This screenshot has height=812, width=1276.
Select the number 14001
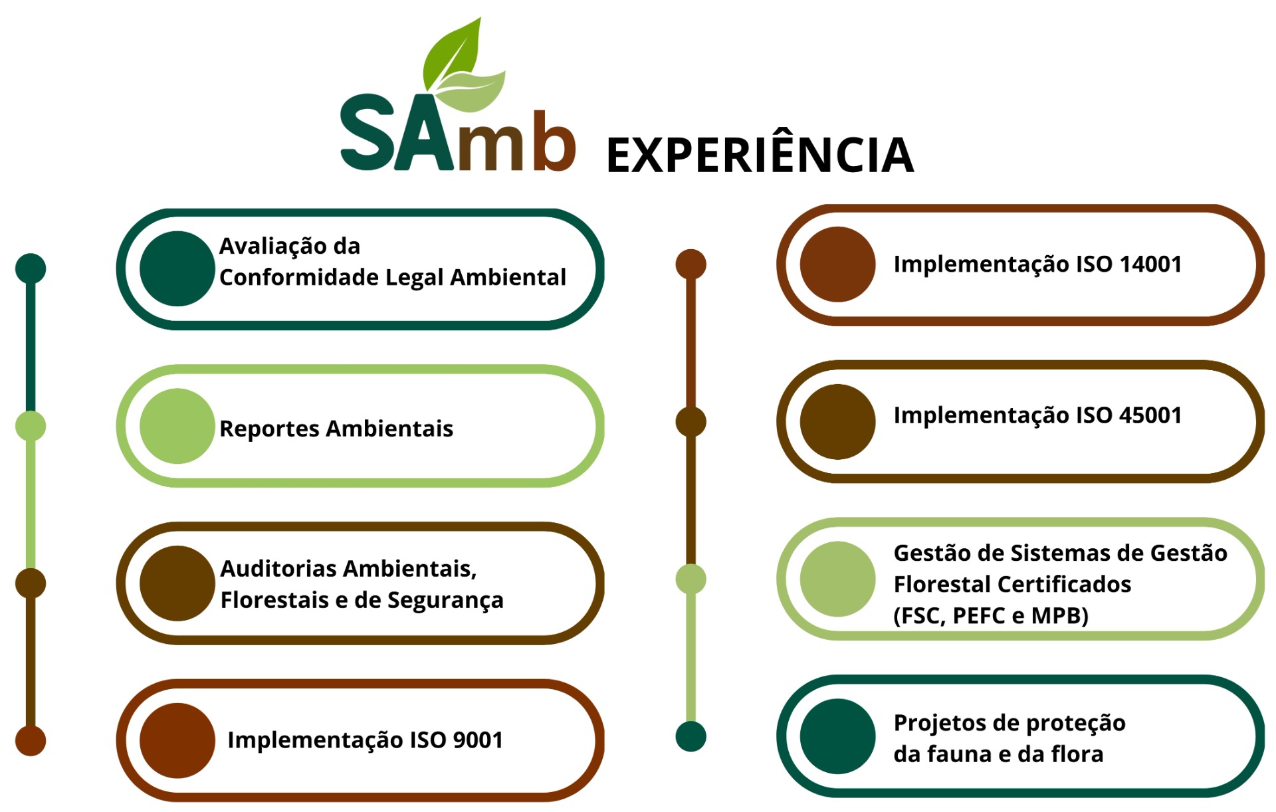pos(1150,264)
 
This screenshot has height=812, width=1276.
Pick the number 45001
pos(1150,415)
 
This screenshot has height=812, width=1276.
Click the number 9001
pos(477,740)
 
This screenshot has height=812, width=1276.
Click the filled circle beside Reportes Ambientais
pos(177,426)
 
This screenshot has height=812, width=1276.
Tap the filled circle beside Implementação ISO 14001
pos(837,264)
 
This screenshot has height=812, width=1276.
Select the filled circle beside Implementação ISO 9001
pos(177,740)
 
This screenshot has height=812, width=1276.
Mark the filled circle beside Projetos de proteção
pos(837,736)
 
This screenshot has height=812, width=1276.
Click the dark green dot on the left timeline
pos(31,268)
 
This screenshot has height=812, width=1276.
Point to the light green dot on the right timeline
pos(691,579)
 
